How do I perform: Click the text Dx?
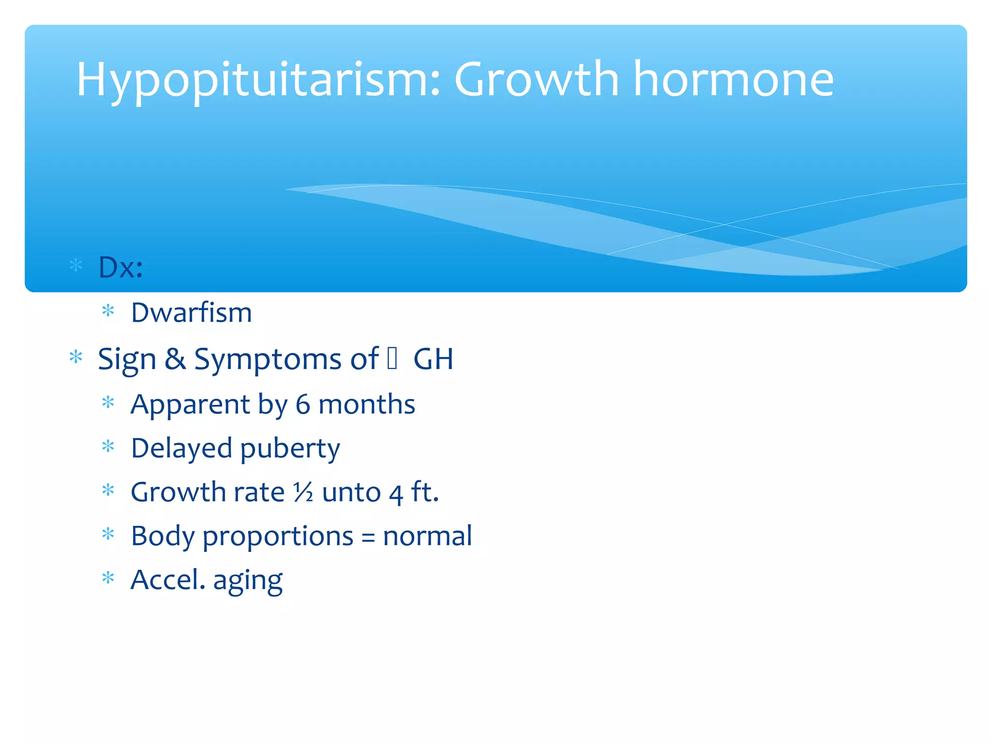pos(120,267)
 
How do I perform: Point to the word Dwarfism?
pos(192,312)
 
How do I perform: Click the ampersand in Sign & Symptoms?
pos(175,359)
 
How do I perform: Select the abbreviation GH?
pos(433,359)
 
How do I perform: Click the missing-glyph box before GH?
pos(392,358)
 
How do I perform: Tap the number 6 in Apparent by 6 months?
pos(303,404)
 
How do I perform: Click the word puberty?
pos(290,449)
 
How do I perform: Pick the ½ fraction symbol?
pos(303,492)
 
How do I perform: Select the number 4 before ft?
pos(396,493)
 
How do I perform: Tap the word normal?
pos(427,536)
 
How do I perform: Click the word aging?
pos(248,580)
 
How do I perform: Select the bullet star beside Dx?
pos(76,265)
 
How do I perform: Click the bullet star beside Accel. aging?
pos(108,578)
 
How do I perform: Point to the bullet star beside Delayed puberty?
pos(108,446)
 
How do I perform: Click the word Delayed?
pos(181,448)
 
